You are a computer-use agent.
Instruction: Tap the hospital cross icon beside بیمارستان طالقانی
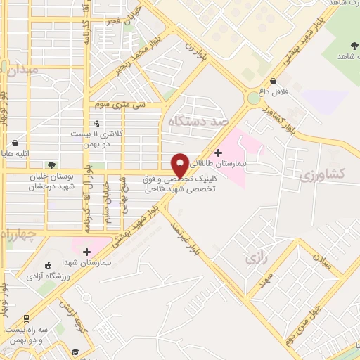(218, 153)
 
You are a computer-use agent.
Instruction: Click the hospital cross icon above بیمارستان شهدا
(86, 251)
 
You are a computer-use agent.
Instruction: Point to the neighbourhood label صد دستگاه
(199, 121)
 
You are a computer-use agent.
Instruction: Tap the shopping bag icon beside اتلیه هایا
(15, 143)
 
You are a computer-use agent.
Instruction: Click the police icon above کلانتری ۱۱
(97, 124)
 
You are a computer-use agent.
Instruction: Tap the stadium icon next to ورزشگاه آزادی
(48, 265)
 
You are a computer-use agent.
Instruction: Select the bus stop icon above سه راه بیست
(27, 319)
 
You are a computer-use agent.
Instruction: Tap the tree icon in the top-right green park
(353, 45)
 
